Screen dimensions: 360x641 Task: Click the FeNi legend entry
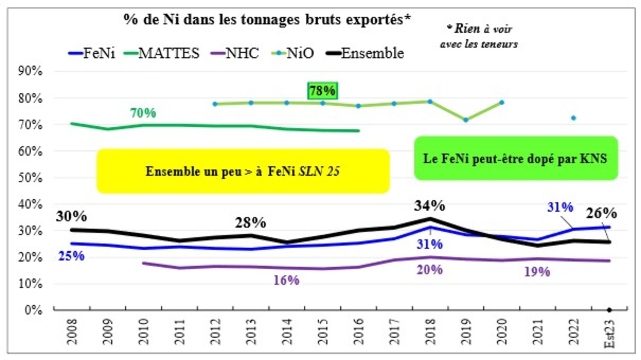92,53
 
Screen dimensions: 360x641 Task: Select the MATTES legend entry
162,53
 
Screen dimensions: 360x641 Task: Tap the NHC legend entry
235,53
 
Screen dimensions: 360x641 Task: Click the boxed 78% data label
323,91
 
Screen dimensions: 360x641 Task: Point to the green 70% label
143,113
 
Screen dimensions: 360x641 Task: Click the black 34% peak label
430,206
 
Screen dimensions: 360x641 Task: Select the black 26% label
601,213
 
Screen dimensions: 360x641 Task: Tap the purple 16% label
286,280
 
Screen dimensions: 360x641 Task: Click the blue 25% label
71,256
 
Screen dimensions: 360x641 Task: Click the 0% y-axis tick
34,310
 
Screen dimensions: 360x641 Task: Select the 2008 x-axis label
72,331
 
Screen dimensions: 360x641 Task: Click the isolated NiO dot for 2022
573,118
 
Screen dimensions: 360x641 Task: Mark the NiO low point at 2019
466,120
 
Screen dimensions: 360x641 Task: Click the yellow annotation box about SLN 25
243,171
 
